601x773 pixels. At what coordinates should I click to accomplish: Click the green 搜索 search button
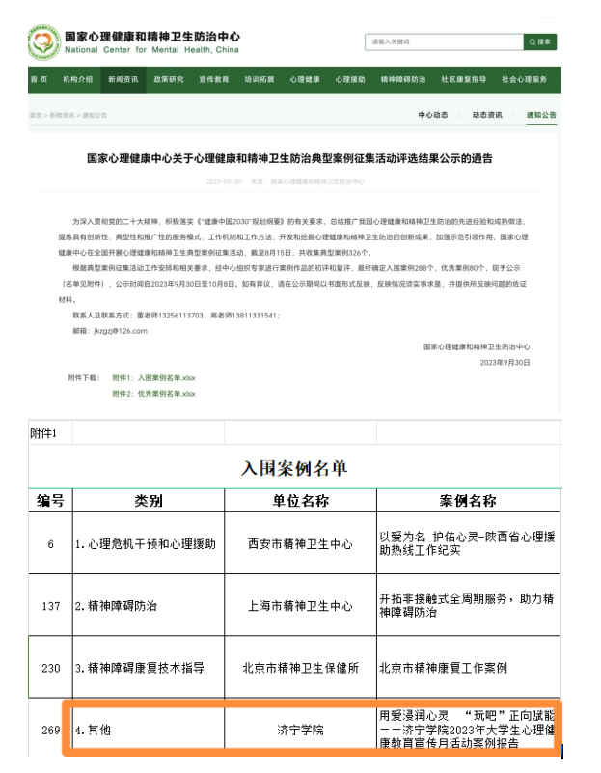pyautogui.click(x=540, y=42)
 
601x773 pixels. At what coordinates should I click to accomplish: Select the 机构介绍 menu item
pyautogui.click(x=78, y=79)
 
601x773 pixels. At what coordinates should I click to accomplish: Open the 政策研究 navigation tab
pyautogui.click(x=169, y=79)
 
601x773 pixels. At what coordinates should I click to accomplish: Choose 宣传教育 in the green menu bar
pyautogui.click(x=214, y=79)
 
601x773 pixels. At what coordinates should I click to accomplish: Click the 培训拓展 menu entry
pyautogui.click(x=260, y=79)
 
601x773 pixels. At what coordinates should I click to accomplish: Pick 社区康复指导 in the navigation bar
pyautogui.click(x=463, y=79)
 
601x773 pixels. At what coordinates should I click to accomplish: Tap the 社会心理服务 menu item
pyautogui.click(x=525, y=79)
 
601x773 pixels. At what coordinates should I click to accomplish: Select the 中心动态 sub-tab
pyautogui.click(x=433, y=115)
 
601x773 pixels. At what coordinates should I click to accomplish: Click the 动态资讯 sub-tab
pyautogui.click(x=486, y=115)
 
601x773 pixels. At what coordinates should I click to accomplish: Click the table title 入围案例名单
pyautogui.click(x=293, y=469)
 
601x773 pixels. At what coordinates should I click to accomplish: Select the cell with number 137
pyautogui.click(x=50, y=605)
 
